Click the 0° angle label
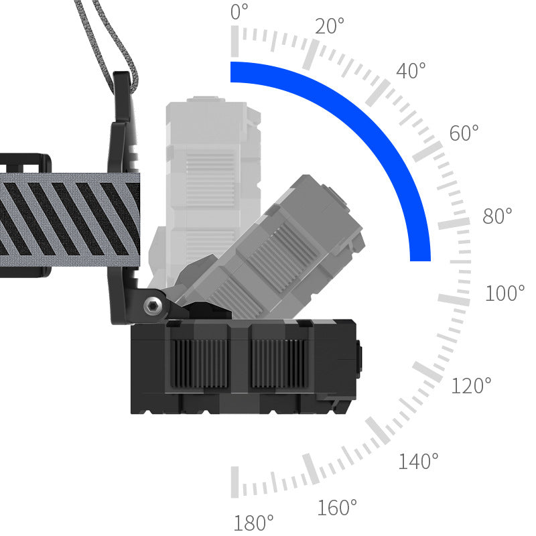[x=239, y=11]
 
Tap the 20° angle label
[x=330, y=26]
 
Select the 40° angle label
[x=411, y=70]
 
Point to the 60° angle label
[x=464, y=133]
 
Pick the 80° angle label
[x=497, y=215]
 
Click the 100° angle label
[x=505, y=293]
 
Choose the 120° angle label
[x=471, y=385]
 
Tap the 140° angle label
[x=418, y=460]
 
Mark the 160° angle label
[x=337, y=507]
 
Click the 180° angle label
[x=254, y=523]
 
